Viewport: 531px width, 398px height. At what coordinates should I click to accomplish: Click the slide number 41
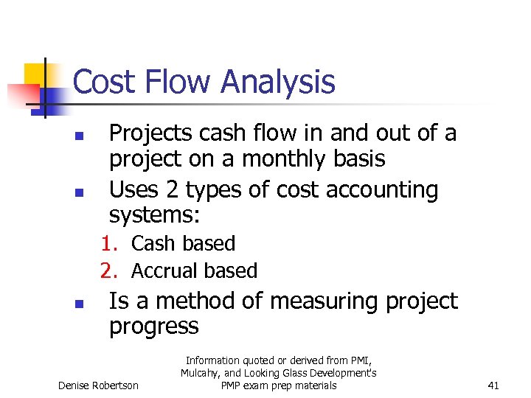[494, 385]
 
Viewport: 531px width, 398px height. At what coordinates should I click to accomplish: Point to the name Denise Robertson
[97, 385]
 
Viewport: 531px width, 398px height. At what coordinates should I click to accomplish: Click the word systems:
[155, 215]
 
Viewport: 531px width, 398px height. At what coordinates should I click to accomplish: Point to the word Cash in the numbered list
[153, 244]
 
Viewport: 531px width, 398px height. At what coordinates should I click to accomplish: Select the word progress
[153, 327]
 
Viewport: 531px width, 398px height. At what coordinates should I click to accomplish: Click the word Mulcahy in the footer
[201, 374]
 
